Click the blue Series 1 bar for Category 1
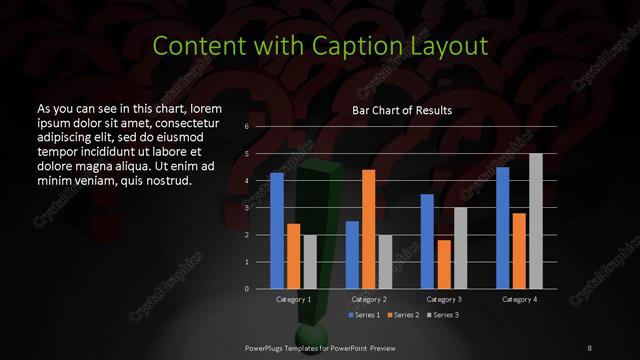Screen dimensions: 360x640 [277, 230]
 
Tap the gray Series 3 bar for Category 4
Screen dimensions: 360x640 [535, 221]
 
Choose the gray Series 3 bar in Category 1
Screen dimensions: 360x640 [309, 261]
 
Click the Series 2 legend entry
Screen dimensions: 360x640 [402, 315]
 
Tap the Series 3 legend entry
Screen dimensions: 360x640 [443, 315]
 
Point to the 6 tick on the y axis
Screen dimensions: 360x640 [246, 128]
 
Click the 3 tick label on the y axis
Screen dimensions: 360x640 [246, 208]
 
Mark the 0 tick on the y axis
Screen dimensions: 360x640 [246, 288]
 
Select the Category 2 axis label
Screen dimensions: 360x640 [368, 299]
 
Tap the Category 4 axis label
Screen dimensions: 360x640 [518, 299]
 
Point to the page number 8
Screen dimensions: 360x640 [590, 346]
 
